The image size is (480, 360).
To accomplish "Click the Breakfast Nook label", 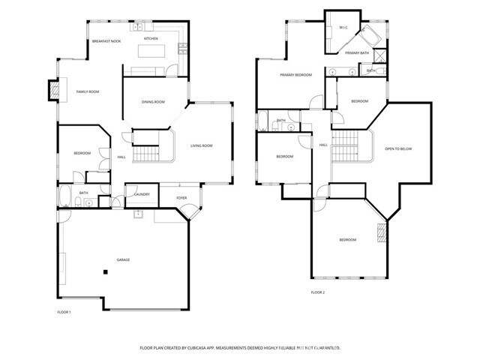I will (106, 41).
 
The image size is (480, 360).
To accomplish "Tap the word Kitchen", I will (151, 38).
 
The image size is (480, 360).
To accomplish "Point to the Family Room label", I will (88, 91).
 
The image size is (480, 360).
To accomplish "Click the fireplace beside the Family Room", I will (53, 90).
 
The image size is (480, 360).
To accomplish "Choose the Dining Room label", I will (154, 102).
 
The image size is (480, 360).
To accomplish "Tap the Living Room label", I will (202, 145).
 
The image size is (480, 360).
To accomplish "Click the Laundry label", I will (142, 194).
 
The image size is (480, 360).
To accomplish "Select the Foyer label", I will (181, 198).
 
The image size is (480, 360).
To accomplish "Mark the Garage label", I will (123, 259).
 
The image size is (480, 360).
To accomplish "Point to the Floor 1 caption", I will (64, 311).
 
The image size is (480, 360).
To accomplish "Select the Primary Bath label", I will (356, 53).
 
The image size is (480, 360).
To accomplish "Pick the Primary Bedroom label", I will (295, 75).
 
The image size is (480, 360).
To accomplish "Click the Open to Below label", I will (398, 148).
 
